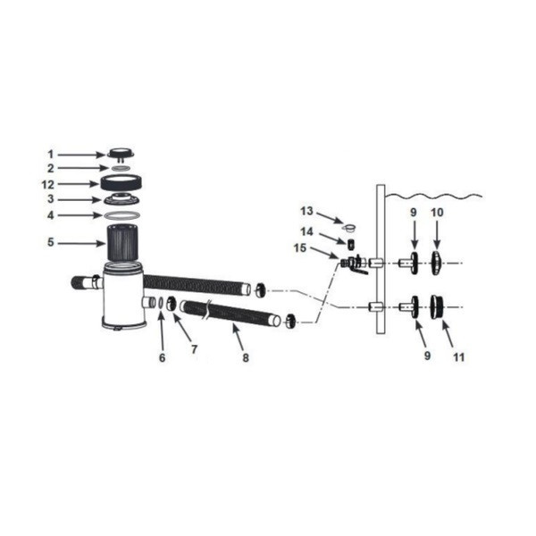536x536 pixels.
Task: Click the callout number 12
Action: [48, 185]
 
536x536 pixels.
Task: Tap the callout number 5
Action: [51, 242]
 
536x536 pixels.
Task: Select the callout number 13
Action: [306, 211]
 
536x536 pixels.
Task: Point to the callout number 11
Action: [459, 357]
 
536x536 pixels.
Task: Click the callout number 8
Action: [246, 358]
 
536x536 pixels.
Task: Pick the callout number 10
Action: [437, 213]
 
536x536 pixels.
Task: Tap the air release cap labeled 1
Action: [121, 154]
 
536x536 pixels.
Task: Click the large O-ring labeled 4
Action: [121, 215]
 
